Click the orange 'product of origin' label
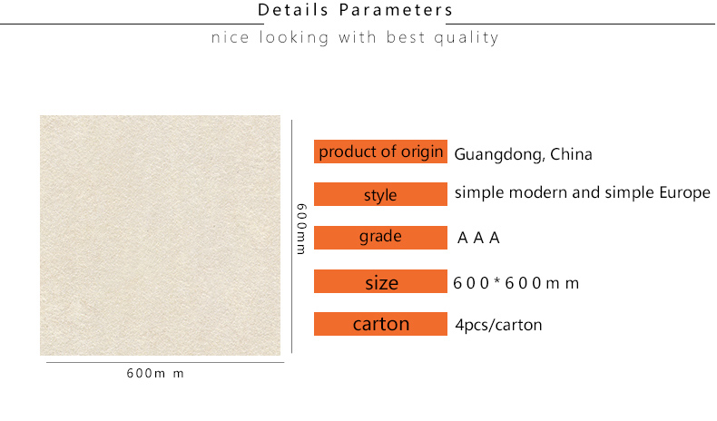click(x=380, y=152)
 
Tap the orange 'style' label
click(x=380, y=194)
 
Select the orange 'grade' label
click(x=380, y=237)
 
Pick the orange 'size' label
click(x=380, y=281)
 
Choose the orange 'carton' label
click(x=380, y=324)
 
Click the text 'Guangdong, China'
click(x=523, y=155)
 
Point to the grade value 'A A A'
click(x=478, y=238)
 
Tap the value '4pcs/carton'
click(x=498, y=325)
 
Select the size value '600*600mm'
click(x=516, y=283)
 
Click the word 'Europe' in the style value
click(x=684, y=193)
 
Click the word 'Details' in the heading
click(x=292, y=10)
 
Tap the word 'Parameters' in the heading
click(x=396, y=10)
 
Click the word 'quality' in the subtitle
click(x=466, y=37)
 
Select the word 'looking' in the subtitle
click(x=294, y=37)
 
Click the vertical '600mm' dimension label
click(x=301, y=229)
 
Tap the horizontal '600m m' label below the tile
click(x=155, y=374)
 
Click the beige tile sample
click(x=160, y=235)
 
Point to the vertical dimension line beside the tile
click(x=291, y=236)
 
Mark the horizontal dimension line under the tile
click(x=165, y=363)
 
